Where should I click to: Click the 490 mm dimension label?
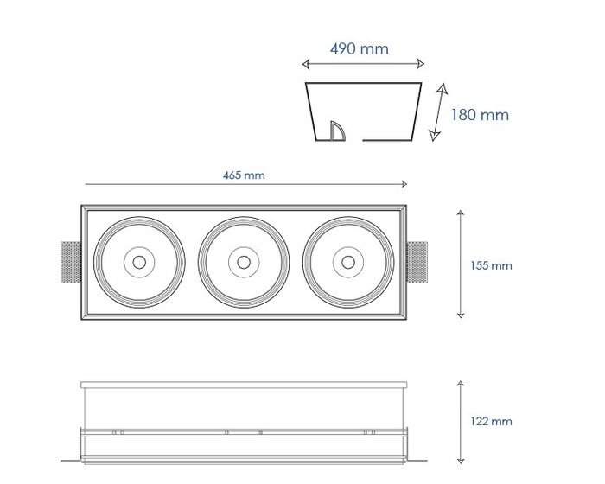360,49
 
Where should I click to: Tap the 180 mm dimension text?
480,115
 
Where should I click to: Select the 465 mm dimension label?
244,175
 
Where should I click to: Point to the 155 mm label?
491,265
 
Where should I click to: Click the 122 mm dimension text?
491,421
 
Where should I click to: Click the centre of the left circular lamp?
139,263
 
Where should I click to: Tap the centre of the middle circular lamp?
244,263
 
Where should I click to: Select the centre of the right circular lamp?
348,263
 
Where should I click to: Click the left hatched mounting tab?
71,263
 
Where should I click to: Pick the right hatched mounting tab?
417,263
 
